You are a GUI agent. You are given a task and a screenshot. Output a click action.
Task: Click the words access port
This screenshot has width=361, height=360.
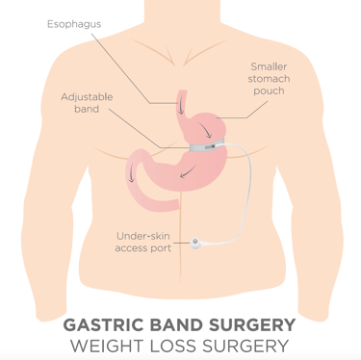pyautogui.click(x=142, y=248)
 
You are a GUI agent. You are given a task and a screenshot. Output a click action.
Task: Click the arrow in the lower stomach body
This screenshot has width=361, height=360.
pyautogui.click(x=190, y=171)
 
